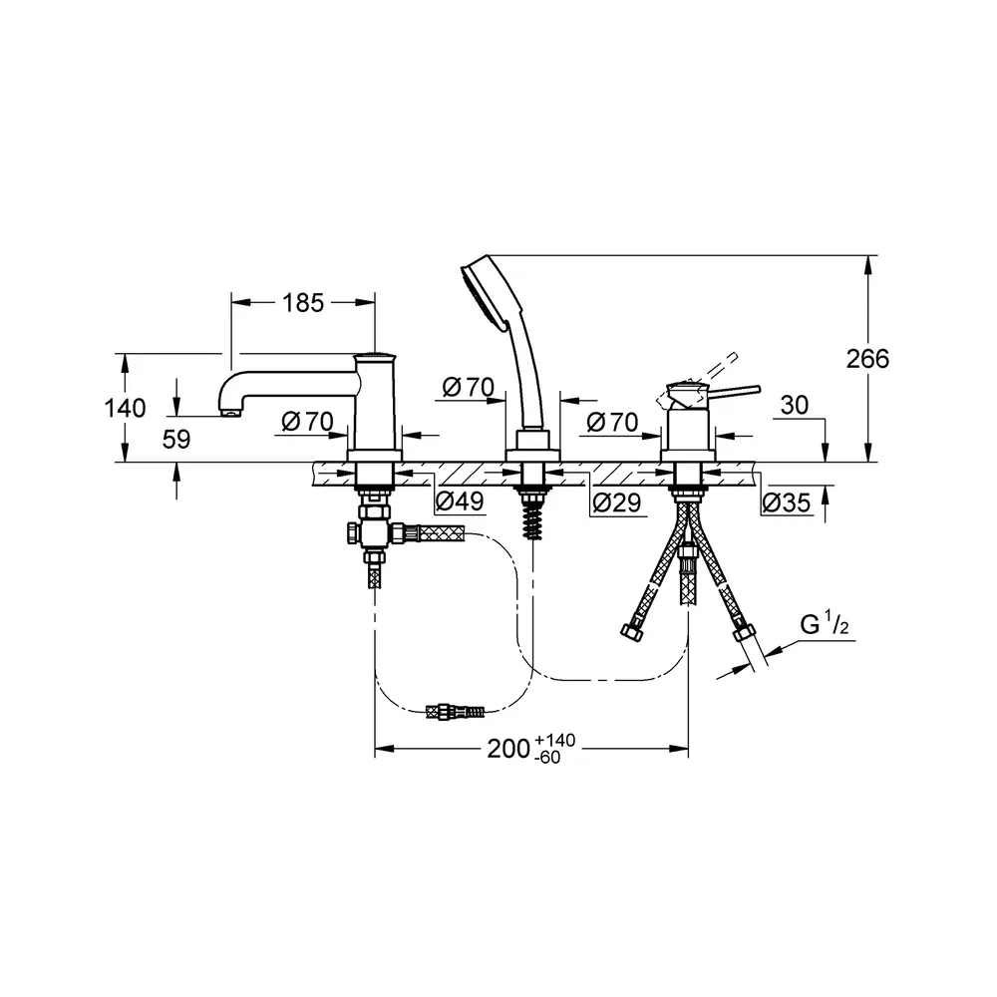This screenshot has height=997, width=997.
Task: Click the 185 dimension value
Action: [x=303, y=303]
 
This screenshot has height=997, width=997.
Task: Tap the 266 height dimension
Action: [x=867, y=359]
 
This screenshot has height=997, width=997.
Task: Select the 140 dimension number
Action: [x=125, y=408]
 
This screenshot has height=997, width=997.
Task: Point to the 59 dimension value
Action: [x=176, y=439]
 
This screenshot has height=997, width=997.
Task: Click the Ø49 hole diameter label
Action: [x=461, y=501]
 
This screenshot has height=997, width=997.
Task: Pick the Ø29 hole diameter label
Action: [x=617, y=502]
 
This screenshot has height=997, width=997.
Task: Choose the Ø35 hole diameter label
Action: [x=787, y=502]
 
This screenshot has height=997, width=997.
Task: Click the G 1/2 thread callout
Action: [x=825, y=625]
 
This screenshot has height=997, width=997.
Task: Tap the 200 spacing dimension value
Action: [x=508, y=749]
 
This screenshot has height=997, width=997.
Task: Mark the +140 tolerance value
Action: [x=555, y=740]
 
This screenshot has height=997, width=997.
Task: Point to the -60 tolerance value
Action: [x=548, y=758]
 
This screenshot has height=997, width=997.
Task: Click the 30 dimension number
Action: [x=795, y=405]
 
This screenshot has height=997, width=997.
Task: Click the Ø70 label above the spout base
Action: [x=308, y=421]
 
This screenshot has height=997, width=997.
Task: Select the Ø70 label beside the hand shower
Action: [x=469, y=387]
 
